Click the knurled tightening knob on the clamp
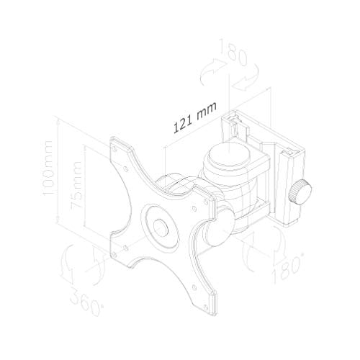[x=300, y=192]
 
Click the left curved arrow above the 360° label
[x=68, y=260]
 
